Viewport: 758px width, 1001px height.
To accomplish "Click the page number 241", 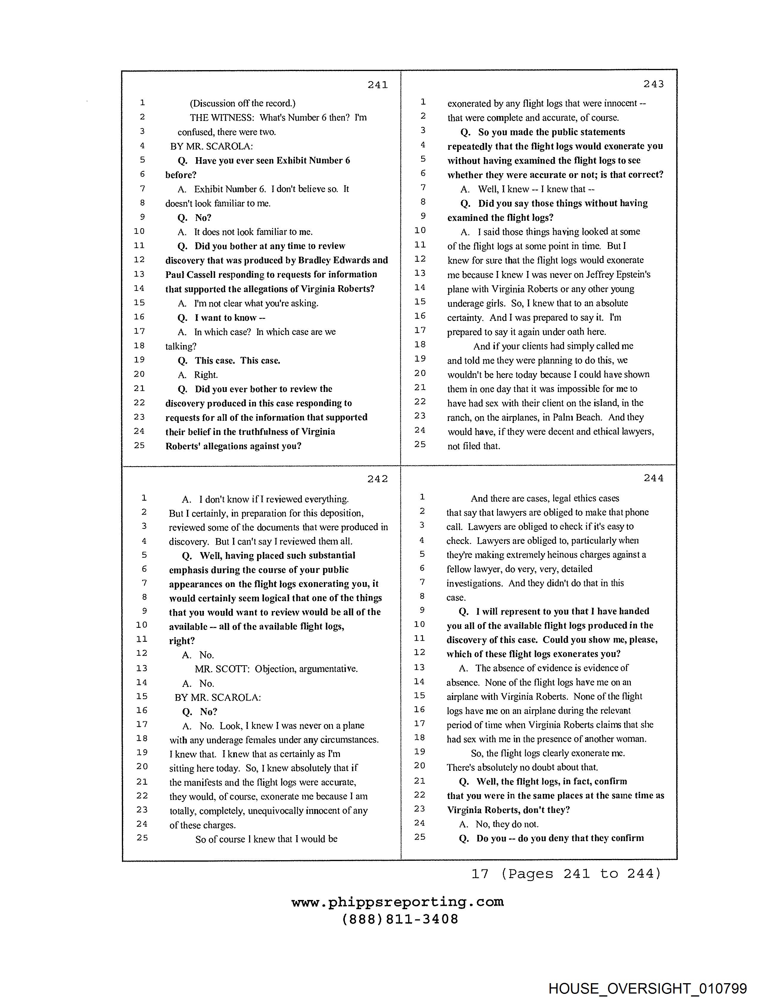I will [378, 85].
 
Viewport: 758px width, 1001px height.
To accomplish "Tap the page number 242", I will [378, 479].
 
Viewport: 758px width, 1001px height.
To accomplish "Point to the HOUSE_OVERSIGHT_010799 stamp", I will [647, 988].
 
